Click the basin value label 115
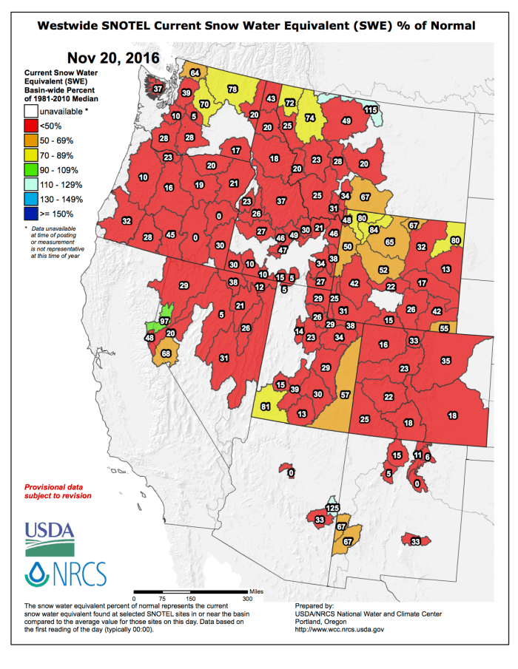(x=371, y=109)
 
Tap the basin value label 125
(x=333, y=509)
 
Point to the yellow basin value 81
(x=265, y=406)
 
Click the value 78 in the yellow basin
(x=232, y=89)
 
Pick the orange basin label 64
(x=195, y=73)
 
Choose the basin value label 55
(x=444, y=327)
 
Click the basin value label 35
(x=445, y=361)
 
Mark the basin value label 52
(x=383, y=270)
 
